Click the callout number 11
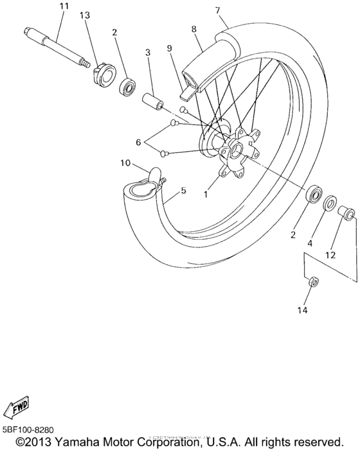(63, 7)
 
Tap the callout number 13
(85, 15)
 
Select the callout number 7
(217, 10)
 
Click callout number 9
(170, 48)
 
